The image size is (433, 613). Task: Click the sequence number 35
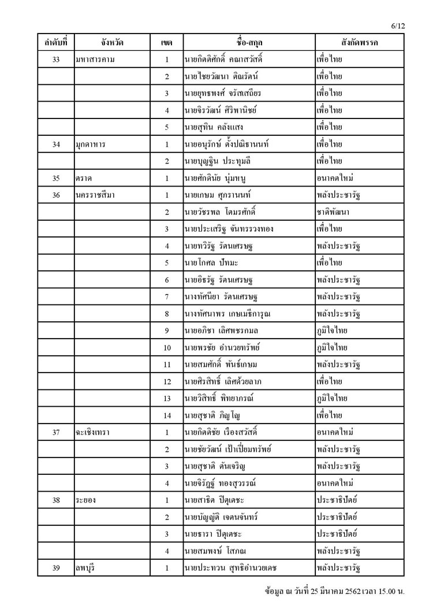[56, 179]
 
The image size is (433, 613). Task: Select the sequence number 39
[56, 568]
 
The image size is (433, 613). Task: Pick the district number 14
[167, 415]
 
